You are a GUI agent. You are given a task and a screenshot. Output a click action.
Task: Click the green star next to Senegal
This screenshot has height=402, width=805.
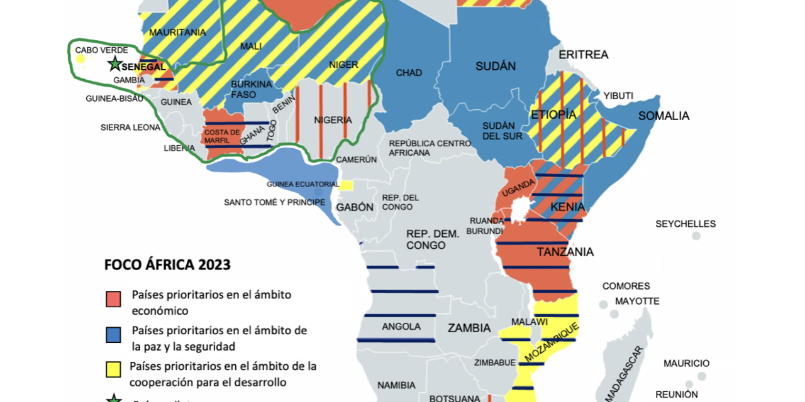point(114,63)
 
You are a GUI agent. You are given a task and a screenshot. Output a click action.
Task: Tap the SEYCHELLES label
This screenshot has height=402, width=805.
point(685,224)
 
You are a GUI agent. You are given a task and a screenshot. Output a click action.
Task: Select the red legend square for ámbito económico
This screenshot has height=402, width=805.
point(113,298)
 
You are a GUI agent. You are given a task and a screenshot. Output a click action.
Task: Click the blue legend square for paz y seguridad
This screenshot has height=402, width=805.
point(113,334)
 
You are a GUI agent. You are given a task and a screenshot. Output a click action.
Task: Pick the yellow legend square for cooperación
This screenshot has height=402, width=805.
point(113,370)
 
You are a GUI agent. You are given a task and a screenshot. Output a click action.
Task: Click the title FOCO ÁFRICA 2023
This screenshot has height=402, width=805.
point(167,264)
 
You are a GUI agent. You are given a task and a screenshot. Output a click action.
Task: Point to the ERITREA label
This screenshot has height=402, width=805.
point(584,55)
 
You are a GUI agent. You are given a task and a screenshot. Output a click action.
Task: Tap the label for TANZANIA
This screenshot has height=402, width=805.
point(565,252)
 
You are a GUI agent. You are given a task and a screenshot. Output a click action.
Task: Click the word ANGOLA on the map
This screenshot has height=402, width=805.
point(401,327)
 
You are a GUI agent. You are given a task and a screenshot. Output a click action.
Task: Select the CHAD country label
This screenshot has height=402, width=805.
point(409,73)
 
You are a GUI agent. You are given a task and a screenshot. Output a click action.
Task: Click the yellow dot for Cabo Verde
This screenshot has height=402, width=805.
point(80,60)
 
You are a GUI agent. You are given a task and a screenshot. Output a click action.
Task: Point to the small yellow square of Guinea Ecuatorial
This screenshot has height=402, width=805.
point(347,185)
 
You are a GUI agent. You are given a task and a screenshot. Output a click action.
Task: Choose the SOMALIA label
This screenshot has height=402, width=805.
point(663,116)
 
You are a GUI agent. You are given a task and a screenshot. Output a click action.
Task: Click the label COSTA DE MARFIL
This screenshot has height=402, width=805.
point(223,136)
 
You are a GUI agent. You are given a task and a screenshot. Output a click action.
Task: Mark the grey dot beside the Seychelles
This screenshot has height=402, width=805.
point(696,236)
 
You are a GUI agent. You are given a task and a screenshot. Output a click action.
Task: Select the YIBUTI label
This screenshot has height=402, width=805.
point(618,96)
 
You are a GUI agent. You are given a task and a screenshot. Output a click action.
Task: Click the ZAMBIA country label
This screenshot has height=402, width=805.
point(469,328)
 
